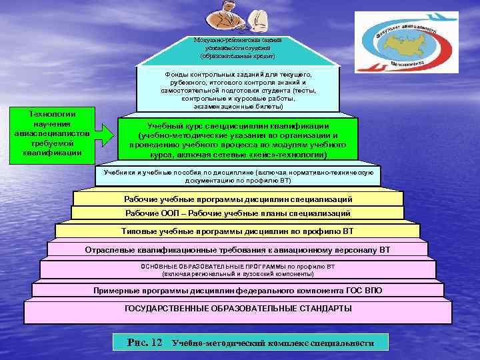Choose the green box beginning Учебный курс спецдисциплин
237,140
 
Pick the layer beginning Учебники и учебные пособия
238,175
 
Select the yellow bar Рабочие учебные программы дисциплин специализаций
238,199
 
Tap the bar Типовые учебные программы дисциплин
238,231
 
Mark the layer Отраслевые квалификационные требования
238,249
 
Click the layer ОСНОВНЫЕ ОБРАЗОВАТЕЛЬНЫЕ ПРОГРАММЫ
237,269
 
